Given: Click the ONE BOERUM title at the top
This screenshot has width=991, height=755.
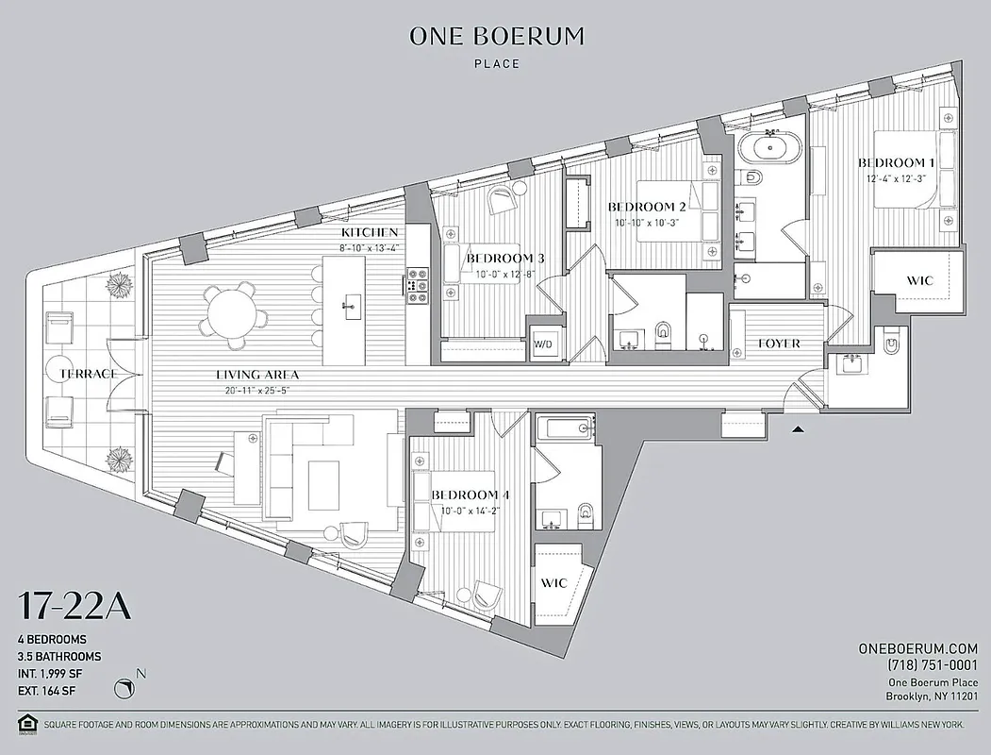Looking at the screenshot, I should [496, 37].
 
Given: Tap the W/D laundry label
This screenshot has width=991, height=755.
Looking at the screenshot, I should [543, 345].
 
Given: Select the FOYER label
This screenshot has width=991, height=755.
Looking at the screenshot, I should [779, 344].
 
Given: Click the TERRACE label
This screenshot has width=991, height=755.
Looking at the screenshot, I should [88, 374].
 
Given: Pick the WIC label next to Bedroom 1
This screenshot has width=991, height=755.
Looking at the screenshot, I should [919, 280].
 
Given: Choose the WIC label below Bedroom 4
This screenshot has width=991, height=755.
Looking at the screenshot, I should [554, 582].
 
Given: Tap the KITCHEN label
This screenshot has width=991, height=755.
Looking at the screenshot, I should [370, 233].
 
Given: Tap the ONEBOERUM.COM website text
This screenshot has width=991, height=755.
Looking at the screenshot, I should [917, 648].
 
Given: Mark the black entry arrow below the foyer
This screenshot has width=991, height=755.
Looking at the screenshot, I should [799, 428].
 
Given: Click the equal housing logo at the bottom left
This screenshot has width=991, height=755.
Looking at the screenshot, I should [26, 726].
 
